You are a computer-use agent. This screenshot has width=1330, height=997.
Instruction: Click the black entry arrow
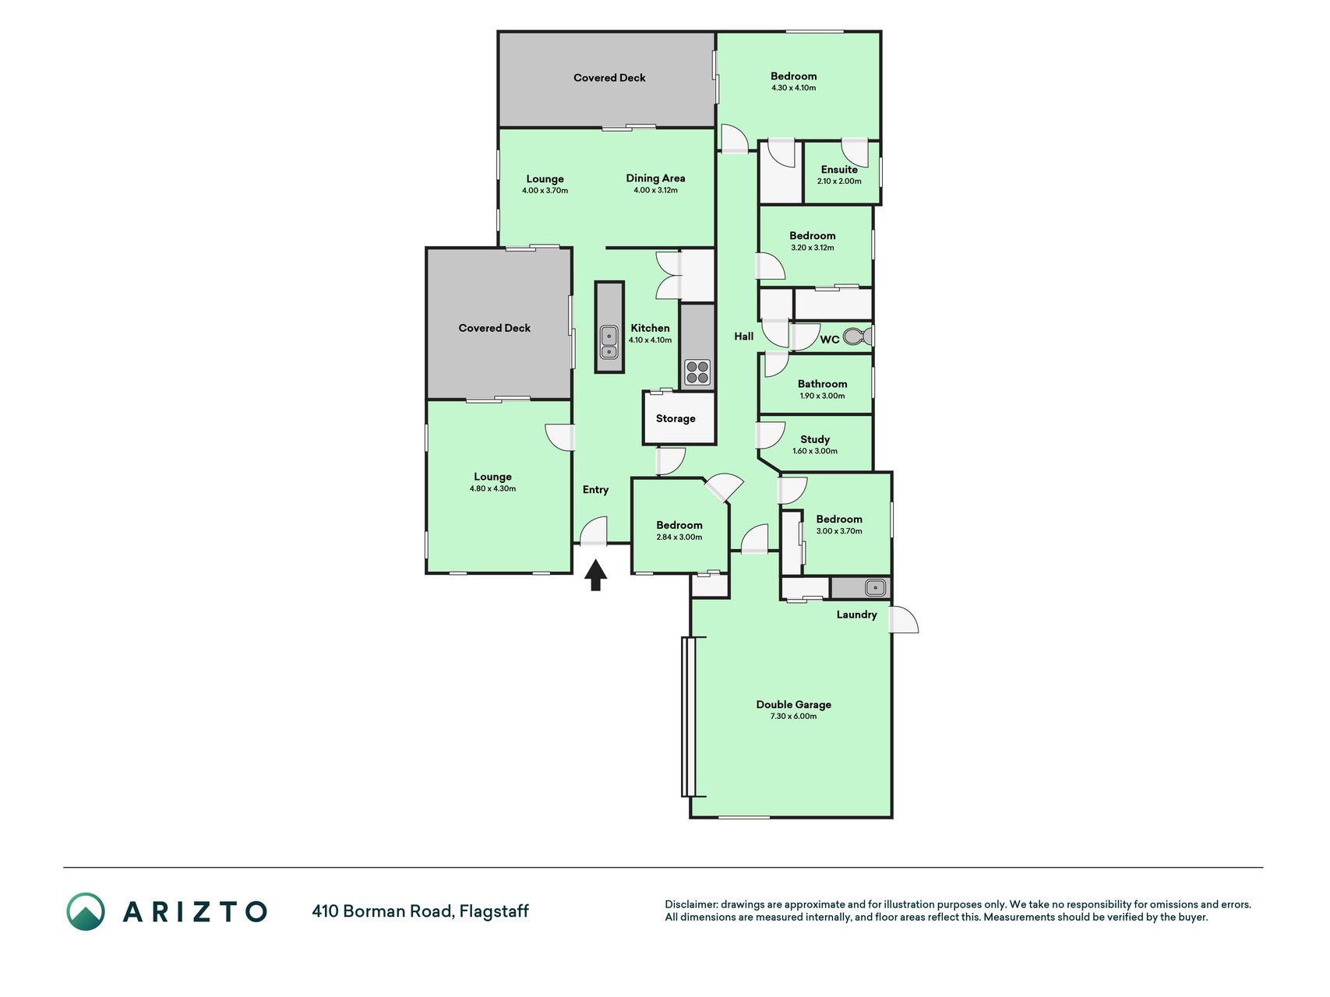(595, 576)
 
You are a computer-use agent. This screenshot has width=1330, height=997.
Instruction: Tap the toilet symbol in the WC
(857, 336)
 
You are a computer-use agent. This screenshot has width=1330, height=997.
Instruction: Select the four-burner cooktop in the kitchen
(697, 372)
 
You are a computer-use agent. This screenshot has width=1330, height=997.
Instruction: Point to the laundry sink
(875, 587)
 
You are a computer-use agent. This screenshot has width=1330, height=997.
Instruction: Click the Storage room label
(676, 418)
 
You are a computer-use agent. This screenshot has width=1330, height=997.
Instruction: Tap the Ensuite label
(839, 169)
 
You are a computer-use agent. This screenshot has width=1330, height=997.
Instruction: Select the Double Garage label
(794, 704)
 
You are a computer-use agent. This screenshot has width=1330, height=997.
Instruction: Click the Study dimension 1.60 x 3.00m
(815, 451)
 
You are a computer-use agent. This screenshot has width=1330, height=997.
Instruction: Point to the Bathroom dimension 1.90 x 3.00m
(822, 396)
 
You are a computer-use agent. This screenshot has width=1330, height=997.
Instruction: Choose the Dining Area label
(655, 178)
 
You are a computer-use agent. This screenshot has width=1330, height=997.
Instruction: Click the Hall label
(744, 336)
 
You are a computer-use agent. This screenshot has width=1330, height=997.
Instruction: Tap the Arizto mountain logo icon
(86, 911)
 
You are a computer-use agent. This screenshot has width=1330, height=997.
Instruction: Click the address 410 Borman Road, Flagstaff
(420, 911)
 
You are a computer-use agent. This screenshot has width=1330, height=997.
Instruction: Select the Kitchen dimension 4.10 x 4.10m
(650, 340)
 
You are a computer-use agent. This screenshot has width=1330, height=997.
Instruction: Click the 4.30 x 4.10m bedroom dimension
(794, 88)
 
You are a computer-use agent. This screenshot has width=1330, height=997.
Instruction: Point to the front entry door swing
(594, 530)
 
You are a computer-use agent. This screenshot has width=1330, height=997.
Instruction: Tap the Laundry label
(857, 615)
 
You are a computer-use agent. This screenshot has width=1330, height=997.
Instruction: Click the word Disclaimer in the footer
(690, 904)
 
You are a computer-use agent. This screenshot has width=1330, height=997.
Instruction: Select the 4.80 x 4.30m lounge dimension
(492, 489)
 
